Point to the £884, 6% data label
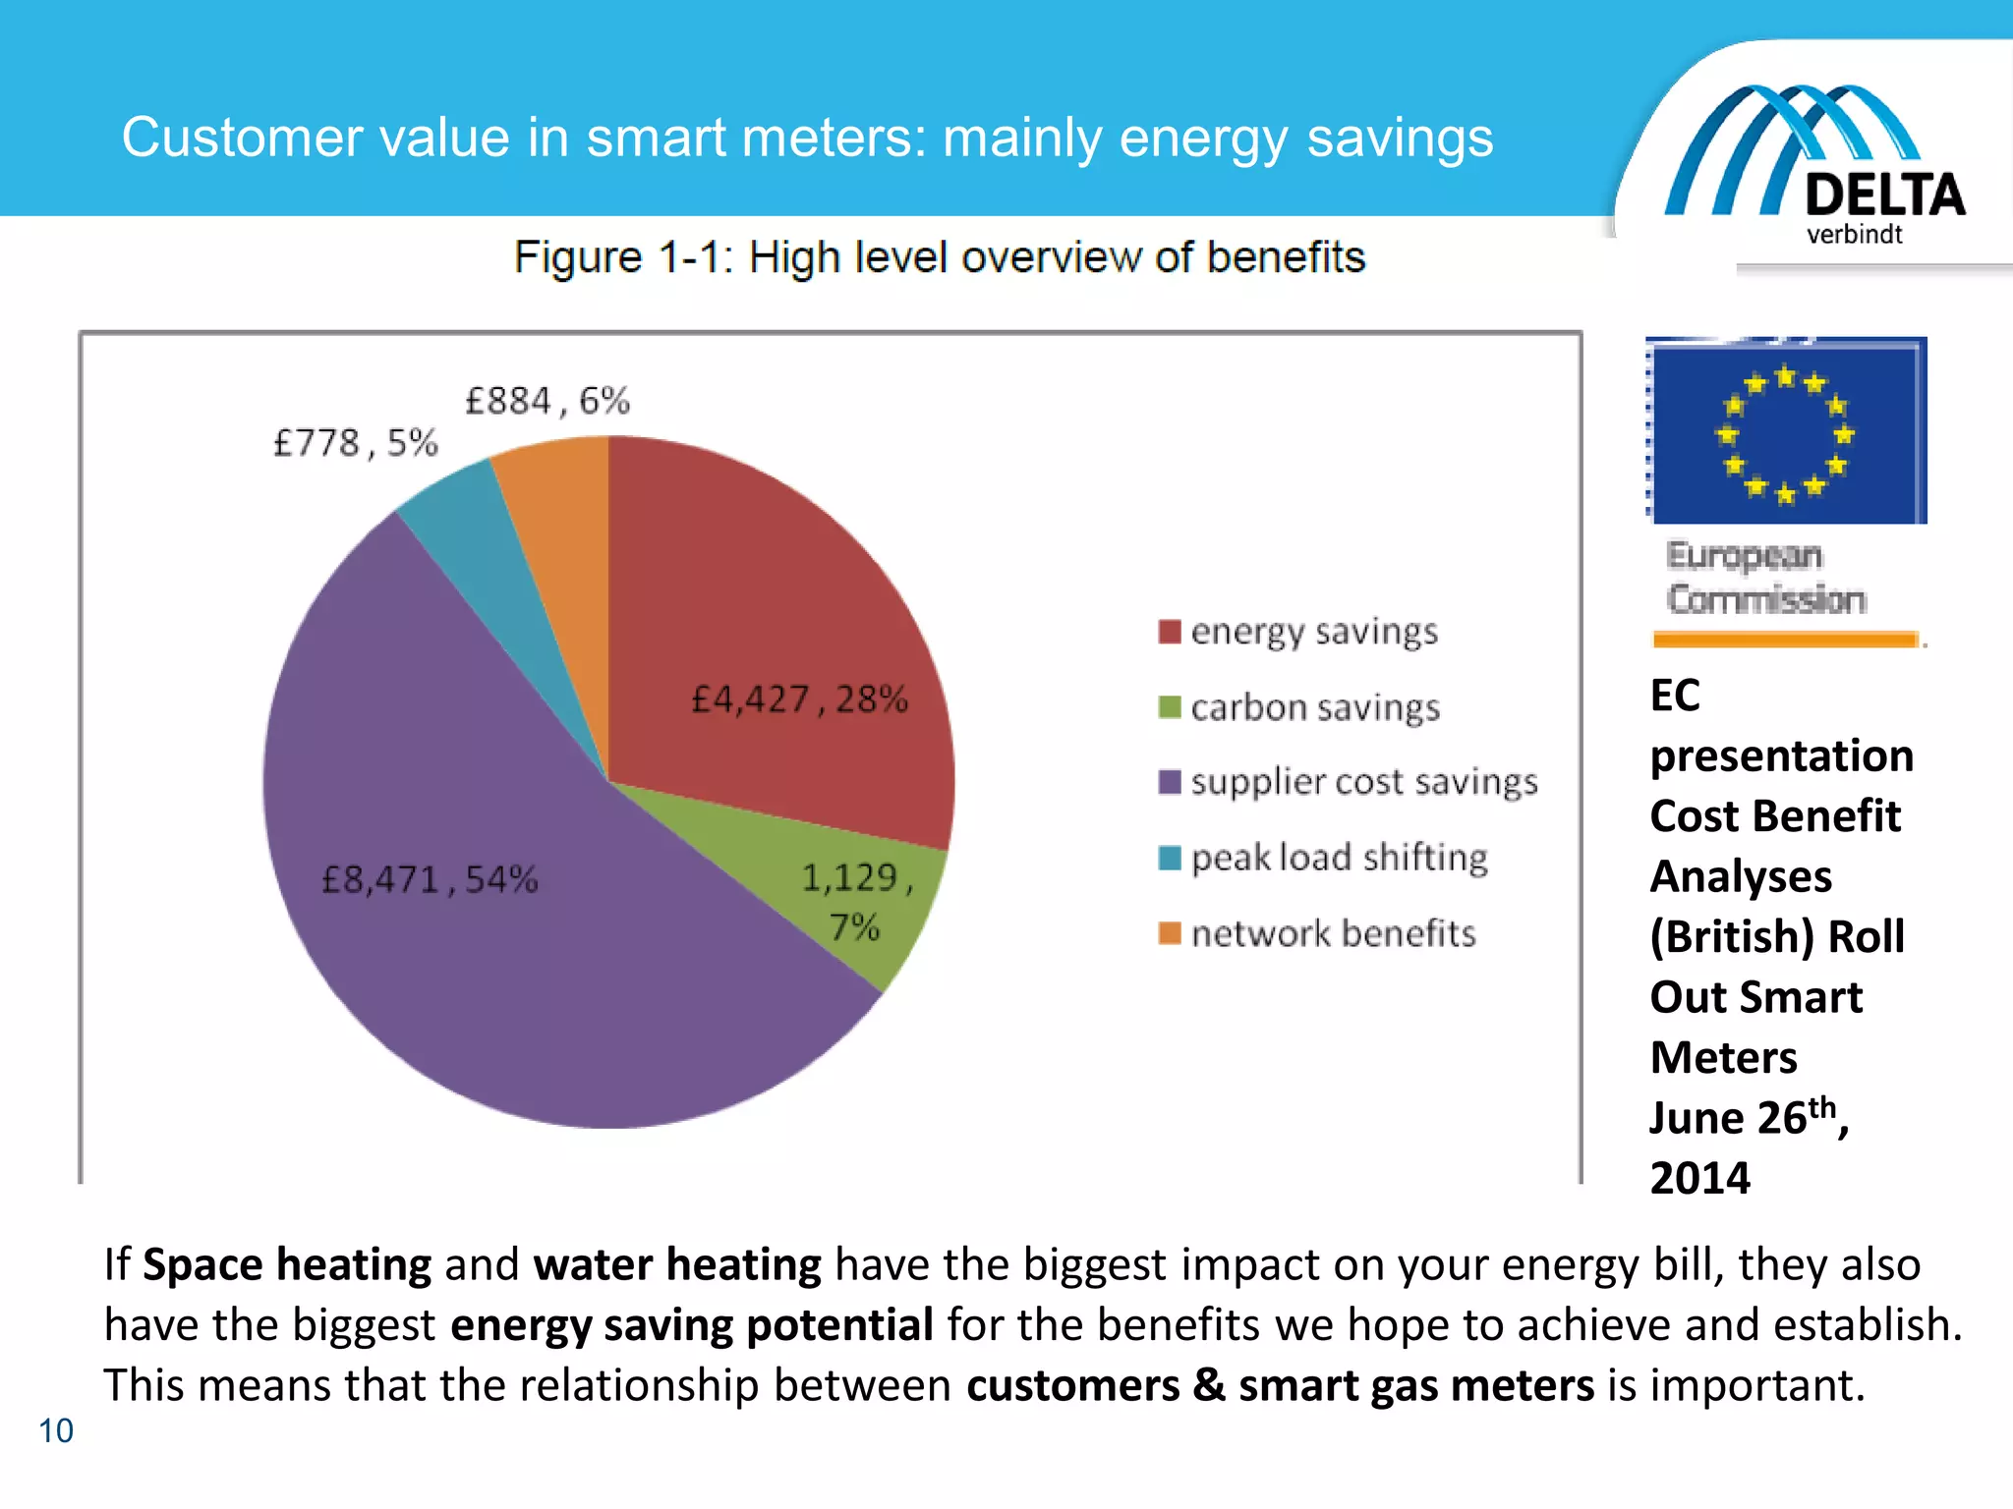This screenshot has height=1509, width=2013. pos(546,401)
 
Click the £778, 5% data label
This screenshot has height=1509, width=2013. pos(355,443)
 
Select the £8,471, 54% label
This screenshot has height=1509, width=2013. pos(430,879)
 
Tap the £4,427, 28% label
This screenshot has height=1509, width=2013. pos(799,699)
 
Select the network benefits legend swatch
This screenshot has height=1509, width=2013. pos(1170,932)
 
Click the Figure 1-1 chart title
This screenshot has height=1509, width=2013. pos(939,257)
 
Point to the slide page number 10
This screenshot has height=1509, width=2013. pos(56,1430)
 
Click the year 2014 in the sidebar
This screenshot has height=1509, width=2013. pos(1699,1178)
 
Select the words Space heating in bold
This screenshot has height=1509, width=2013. pos(286,1264)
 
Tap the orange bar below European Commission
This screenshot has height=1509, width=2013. pos(1785,641)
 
